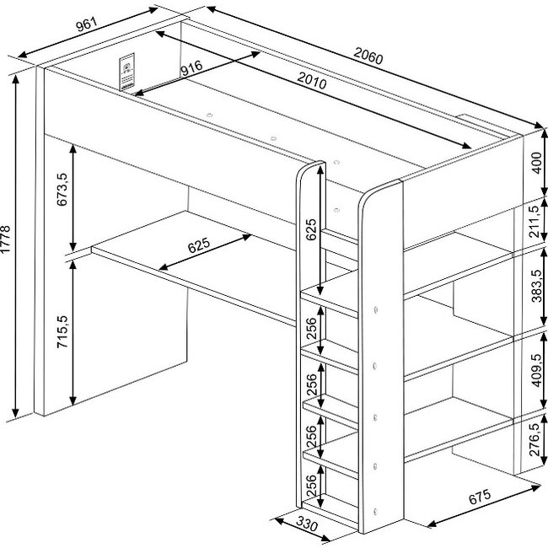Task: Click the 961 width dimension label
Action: tap(86, 24)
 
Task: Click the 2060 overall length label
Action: tap(368, 56)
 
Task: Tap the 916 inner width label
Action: tap(191, 67)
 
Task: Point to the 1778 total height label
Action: tap(6, 239)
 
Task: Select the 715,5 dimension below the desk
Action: tap(62, 331)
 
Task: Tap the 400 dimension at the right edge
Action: tap(537, 163)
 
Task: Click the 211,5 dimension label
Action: tap(535, 222)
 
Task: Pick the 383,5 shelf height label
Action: tap(537, 286)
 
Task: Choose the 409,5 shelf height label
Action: tap(537, 370)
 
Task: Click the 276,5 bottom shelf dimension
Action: tap(535, 439)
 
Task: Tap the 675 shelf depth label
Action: tap(480, 497)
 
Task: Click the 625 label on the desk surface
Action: tap(198, 245)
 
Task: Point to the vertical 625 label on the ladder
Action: tap(311, 229)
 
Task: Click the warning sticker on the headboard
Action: tap(126, 72)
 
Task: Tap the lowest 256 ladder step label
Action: tap(311, 485)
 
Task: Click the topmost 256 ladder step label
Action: tap(311, 328)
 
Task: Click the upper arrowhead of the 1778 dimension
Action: tap(15, 79)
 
